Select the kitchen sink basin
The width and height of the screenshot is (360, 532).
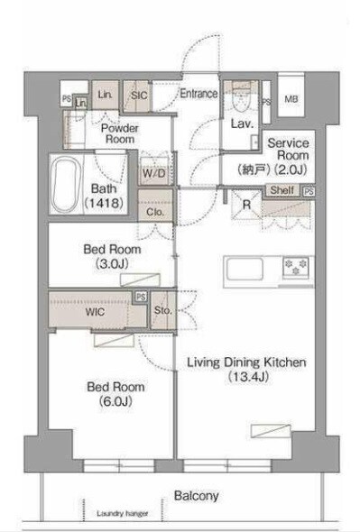[x=245, y=269]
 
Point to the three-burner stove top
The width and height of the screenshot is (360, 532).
[x=296, y=267]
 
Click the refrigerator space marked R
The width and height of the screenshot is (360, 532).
[x=246, y=205]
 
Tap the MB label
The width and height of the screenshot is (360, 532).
[x=291, y=99]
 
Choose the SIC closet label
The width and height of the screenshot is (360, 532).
[x=139, y=96]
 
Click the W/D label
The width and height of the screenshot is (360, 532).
[x=154, y=173]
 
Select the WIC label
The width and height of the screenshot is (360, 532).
[x=95, y=311]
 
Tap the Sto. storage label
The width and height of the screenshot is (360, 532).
[x=162, y=310]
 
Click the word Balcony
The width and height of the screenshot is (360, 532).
[x=197, y=496]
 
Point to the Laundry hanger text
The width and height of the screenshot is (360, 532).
[x=123, y=513]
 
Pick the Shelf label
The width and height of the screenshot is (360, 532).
[x=282, y=190]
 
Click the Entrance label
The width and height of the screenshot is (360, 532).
[x=198, y=93]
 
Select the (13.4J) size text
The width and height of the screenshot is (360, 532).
[x=248, y=377]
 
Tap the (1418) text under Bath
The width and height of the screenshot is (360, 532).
[x=104, y=203]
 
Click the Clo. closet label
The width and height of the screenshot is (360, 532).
[x=155, y=212]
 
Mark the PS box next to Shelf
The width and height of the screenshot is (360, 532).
[x=309, y=191]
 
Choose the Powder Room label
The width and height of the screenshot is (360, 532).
[x=120, y=133]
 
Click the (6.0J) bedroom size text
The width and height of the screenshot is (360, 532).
[x=115, y=401]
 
